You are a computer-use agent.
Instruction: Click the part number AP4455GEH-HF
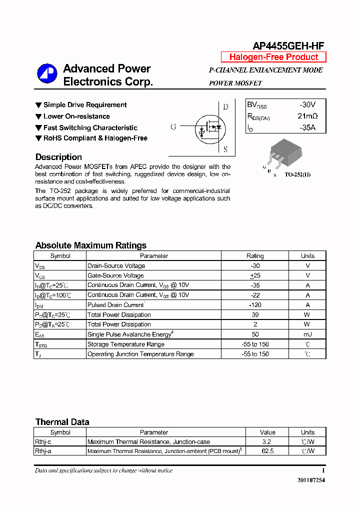coord(288,46)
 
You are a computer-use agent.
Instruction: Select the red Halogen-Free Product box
coord(273,57)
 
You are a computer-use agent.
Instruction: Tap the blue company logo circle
coord(47,74)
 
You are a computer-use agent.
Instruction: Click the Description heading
coord(58,157)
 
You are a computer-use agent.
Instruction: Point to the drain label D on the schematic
coord(225,106)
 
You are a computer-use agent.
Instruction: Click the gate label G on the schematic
coord(173,127)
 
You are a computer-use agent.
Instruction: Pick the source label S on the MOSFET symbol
coord(225,149)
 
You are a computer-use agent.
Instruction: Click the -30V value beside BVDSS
coord(307,105)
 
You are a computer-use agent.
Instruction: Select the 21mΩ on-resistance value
coord(307,116)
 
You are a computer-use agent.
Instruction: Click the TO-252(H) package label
coord(297,175)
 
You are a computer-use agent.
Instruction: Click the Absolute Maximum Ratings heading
coord(91,245)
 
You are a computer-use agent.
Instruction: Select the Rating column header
coord(255,256)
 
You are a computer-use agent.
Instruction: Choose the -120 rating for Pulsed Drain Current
coord(255,305)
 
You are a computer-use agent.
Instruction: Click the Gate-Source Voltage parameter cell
coord(115,275)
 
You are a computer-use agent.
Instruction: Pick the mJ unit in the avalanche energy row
coord(307,334)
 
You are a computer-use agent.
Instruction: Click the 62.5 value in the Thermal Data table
coord(267,451)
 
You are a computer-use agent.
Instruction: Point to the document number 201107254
coord(311,480)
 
